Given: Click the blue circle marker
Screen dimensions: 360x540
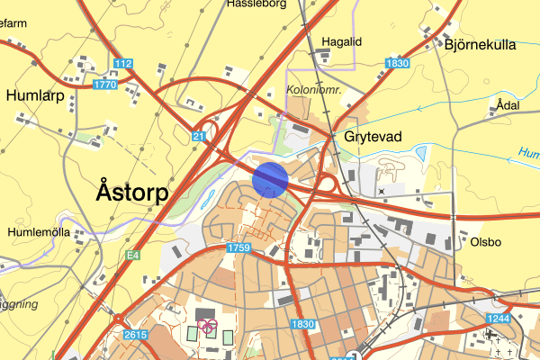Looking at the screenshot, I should [270, 178].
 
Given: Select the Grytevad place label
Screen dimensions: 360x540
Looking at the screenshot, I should [373, 137].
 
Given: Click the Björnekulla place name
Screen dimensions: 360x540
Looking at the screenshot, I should [481, 43].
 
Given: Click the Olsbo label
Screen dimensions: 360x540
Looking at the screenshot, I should [487, 241].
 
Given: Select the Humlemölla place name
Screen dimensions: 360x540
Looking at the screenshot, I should [39, 230].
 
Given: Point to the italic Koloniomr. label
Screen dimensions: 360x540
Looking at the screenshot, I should [314, 91].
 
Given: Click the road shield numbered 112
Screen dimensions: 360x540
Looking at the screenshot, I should [123, 63].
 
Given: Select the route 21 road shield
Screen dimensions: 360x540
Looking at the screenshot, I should [198, 135].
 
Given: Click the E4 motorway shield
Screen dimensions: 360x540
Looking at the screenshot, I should [133, 256].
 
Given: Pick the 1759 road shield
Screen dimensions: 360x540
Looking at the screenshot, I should [239, 247].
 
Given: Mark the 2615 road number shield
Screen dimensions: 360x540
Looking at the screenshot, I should [134, 335].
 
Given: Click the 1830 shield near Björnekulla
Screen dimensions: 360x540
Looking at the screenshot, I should [395, 63].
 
